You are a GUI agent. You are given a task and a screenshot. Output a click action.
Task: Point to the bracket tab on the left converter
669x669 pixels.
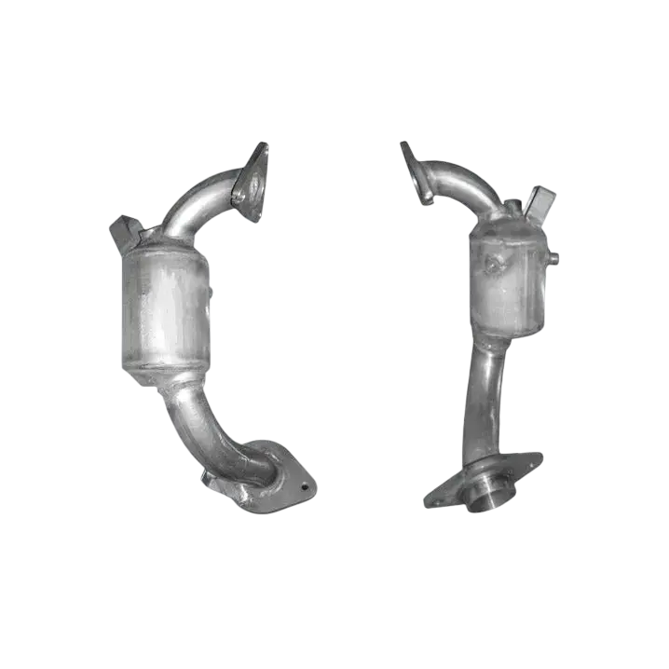127,230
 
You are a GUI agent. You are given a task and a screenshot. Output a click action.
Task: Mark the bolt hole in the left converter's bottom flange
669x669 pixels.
300,484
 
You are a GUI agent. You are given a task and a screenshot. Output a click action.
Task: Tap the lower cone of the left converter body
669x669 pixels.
172,377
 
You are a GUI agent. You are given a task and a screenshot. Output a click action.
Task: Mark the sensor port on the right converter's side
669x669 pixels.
553,254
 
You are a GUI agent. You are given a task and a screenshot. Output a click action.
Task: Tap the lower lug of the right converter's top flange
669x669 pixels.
425,197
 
